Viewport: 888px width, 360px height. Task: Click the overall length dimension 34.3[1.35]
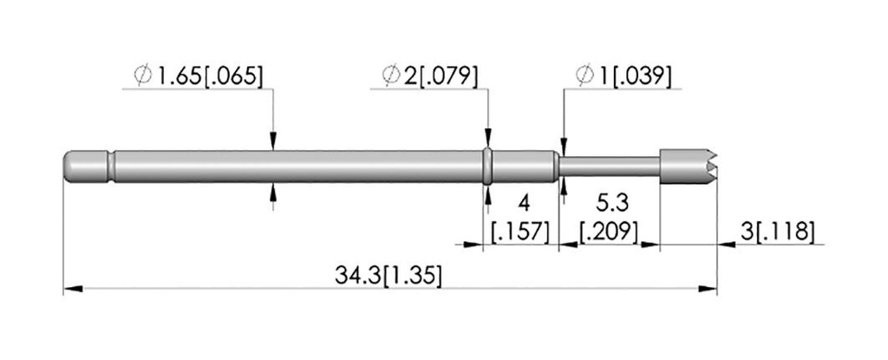[x=388, y=276]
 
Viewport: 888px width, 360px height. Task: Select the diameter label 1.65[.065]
[x=211, y=76]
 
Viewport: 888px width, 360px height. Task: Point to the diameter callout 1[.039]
[x=635, y=76]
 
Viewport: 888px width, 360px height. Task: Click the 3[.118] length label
[x=777, y=232]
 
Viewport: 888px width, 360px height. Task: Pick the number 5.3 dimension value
[x=610, y=202]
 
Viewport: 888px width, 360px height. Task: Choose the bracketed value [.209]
[x=610, y=232]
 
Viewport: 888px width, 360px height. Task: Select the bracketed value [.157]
[x=520, y=232]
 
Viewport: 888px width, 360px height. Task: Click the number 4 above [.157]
[x=525, y=202]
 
